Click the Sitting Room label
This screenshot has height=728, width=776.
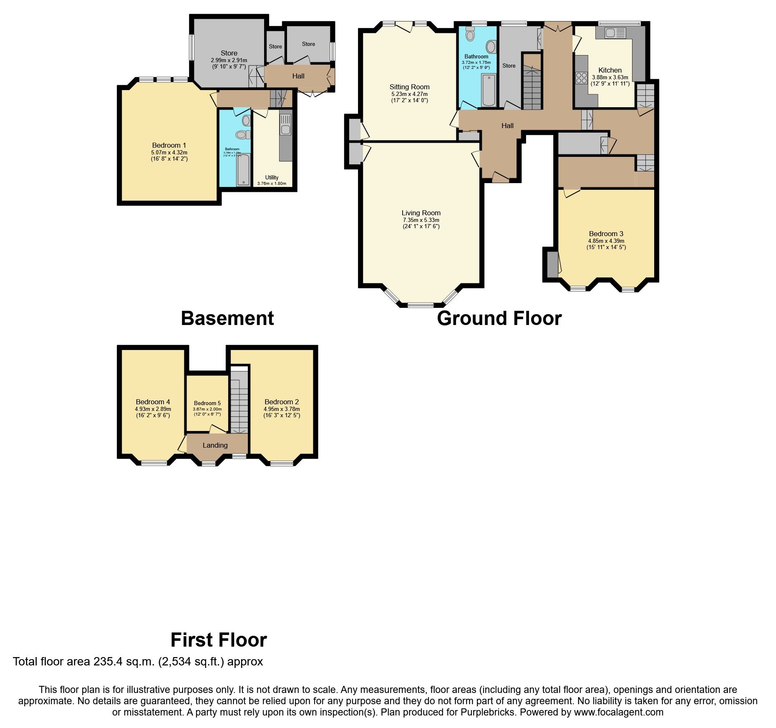(x=409, y=87)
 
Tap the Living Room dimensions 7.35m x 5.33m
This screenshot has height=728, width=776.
(x=421, y=220)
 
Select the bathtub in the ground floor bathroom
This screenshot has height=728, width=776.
(x=489, y=90)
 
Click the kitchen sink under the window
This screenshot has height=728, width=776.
(x=615, y=33)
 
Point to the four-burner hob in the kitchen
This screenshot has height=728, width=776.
(x=582, y=78)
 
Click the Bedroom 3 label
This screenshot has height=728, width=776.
(x=606, y=234)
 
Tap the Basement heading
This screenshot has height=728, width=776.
(x=227, y=318)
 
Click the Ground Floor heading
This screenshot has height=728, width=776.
(x=499, y=318)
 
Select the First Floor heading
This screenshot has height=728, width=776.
(x=219, y=640)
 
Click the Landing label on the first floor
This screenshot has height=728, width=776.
(x=215, y=445)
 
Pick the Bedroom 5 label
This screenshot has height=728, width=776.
(x=207, y=403)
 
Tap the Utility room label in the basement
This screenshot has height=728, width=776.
(x=272, y=177)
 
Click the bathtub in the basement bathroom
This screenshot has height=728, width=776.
(x=243, y=169)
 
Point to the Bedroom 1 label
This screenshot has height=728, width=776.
(x=169, y=145)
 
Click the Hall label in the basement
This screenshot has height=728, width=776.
(x=298, y=76)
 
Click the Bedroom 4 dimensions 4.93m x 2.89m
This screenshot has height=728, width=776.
(x=153, y=409)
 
